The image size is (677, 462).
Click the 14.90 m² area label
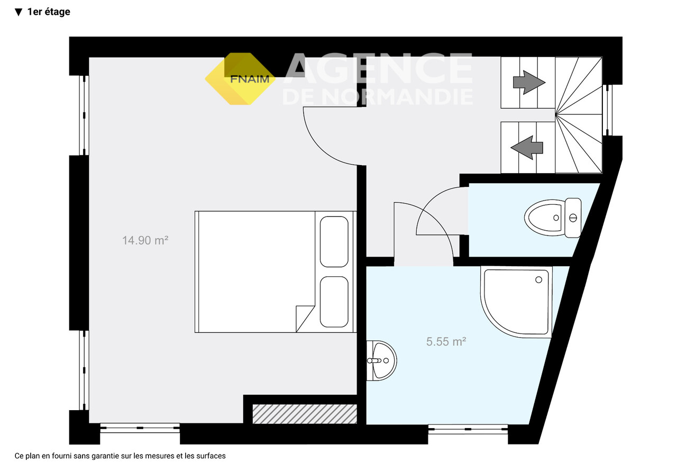click(x=145, y=241)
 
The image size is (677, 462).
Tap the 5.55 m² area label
click(x=446, y=342)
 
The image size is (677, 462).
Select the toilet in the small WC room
click(x=553, y=218)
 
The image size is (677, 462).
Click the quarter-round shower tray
click(x=516, y=302)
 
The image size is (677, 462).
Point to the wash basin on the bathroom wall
click(x=381, y=360)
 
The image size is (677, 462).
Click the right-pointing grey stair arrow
click(x=529, y=82)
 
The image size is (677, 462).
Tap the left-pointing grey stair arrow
click(x=527, y=148)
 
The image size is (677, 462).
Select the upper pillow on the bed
click(x=334, y=241)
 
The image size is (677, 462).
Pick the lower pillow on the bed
click(x=334, y=302)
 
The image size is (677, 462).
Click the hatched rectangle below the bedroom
click(x=305, y=414)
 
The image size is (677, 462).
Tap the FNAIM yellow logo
click(x=240, y=79)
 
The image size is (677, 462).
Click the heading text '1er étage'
click(x=49, y=12)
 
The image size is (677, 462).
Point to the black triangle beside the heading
click(x=19, y=12)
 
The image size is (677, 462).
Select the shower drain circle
click(x=538, y=280)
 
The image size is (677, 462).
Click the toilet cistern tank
click(x=573, y=218)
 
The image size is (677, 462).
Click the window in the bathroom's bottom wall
click(x=468, y=429)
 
